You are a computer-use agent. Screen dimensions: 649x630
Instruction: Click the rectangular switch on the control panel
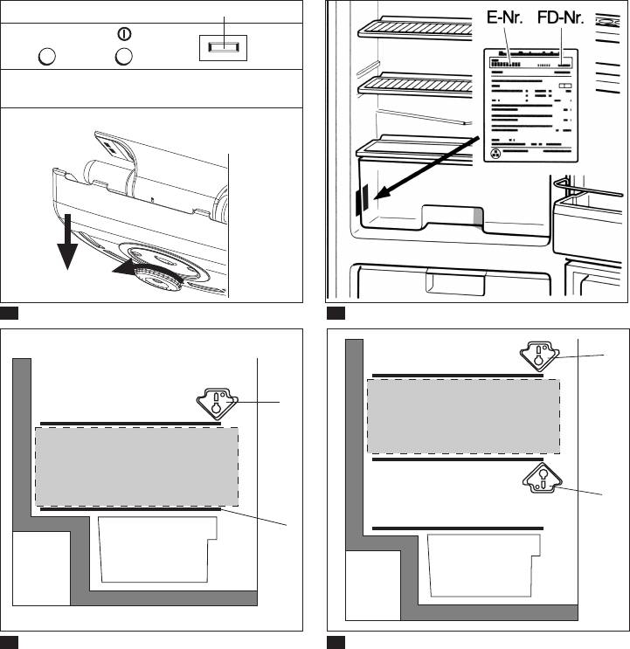coord(224,50)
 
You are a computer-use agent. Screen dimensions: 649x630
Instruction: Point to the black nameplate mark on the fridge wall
coord(362,202)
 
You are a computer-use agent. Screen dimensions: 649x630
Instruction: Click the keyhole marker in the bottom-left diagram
coord(215,402)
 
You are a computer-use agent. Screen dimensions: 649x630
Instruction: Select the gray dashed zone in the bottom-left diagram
coord(136,466)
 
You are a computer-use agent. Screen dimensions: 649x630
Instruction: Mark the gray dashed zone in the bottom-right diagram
coord(463,416)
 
